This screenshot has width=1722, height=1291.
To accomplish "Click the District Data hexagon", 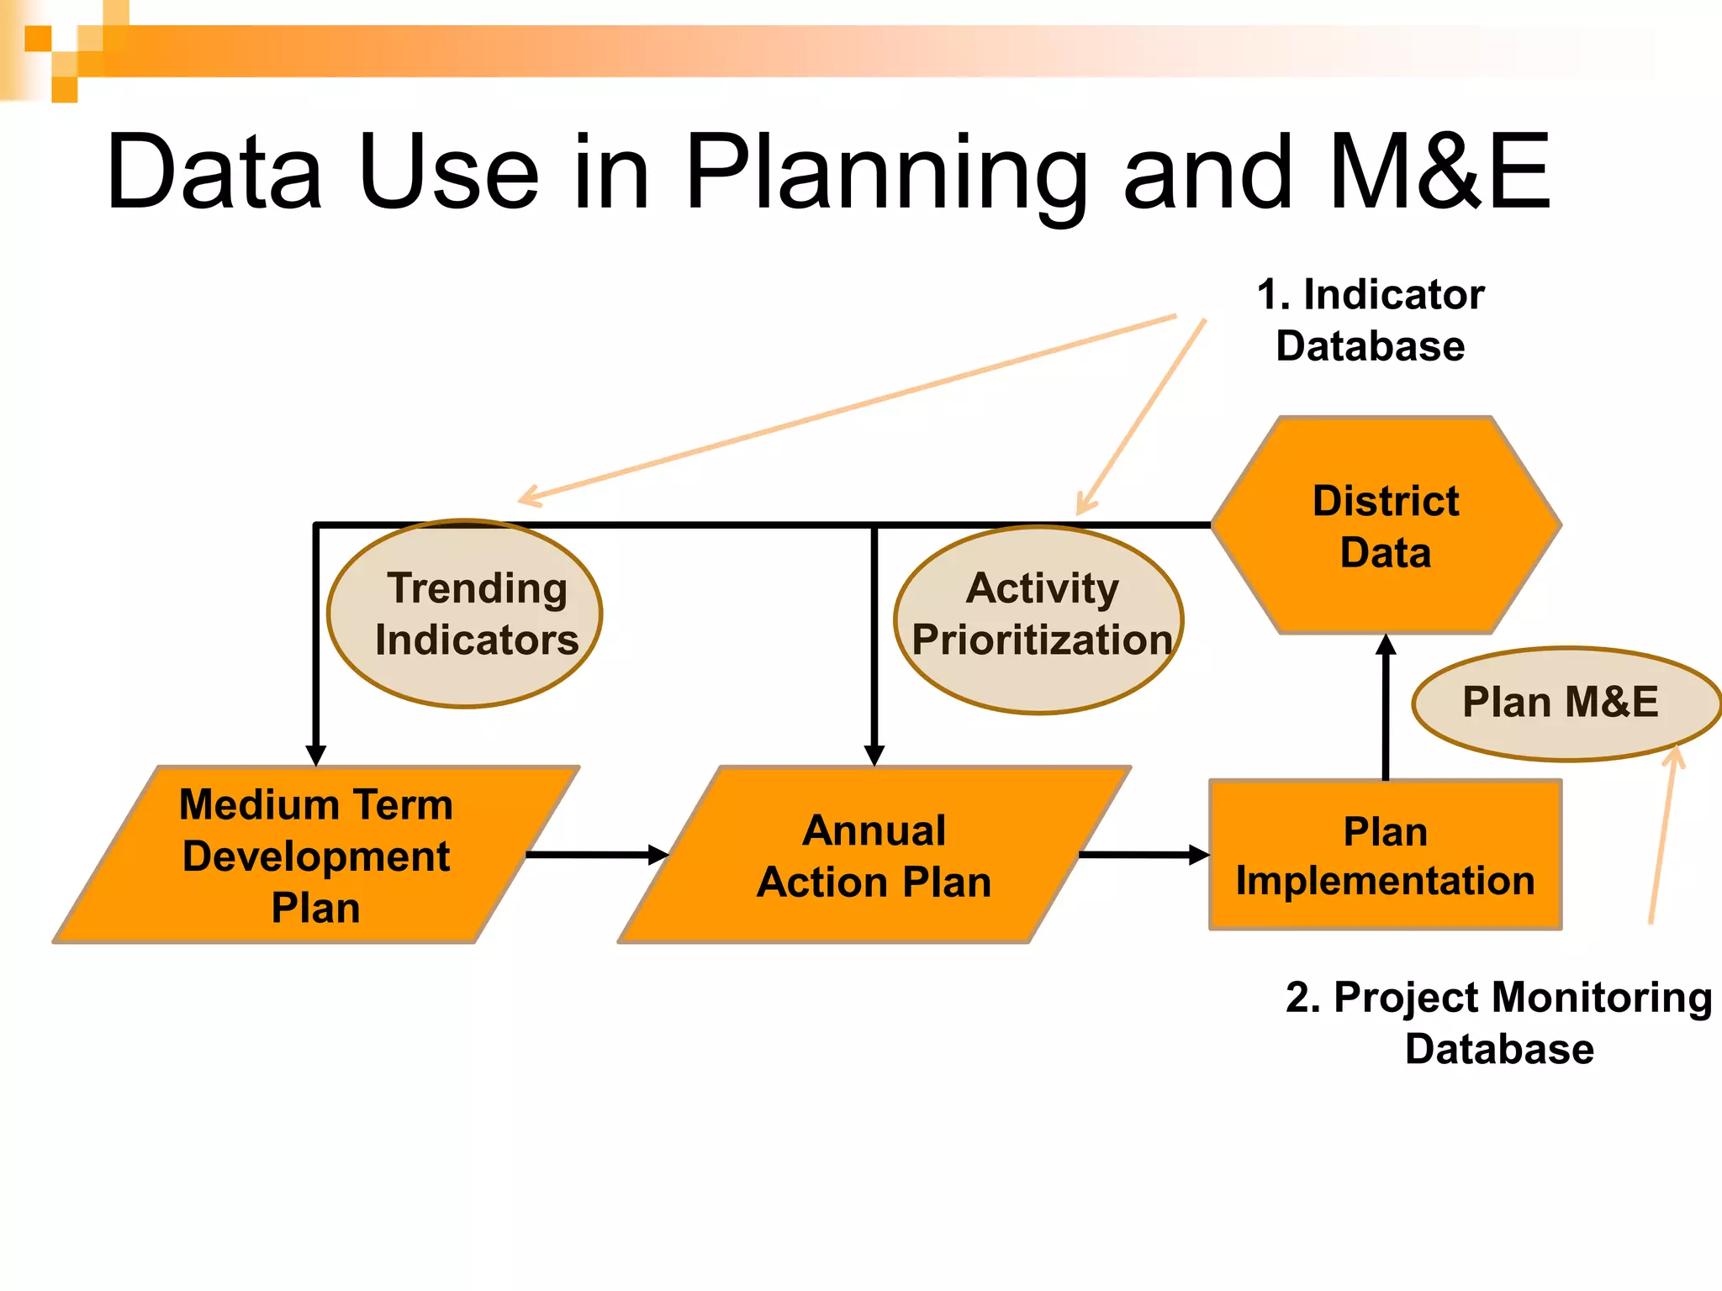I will point(1386,526).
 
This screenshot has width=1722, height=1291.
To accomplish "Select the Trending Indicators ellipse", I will point(465,614).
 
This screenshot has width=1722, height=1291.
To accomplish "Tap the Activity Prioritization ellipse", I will point(1039,620).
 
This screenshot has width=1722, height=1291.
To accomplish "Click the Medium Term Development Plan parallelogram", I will point(315,856).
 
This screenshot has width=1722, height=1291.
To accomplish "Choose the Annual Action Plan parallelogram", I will point(874,856).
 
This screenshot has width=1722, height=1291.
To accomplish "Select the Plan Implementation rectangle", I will point(1386,856).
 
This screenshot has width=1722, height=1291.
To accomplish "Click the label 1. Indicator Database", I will point(1371,320).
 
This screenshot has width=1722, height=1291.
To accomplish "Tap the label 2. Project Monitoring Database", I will point(1499,1023).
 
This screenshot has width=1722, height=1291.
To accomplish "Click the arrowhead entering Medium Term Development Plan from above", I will point(316,754).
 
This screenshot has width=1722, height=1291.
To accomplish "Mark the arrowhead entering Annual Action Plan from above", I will point(874,754).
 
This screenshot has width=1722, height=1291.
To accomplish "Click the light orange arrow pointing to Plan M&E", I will point(1662,840).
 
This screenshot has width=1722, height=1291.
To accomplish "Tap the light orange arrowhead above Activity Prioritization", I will point(1085,504).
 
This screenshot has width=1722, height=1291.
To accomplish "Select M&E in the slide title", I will point(1439,172).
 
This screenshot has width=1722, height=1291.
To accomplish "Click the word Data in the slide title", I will point(214,172).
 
